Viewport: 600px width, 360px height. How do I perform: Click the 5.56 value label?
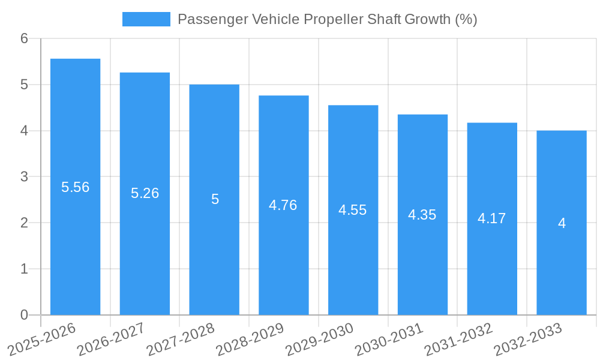point(75,187)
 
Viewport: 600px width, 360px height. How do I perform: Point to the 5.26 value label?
point(145,193)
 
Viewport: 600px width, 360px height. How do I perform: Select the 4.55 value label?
point(353,210)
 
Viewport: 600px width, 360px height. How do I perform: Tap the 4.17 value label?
point(492,218)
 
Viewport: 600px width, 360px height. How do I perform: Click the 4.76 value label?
point(283,205)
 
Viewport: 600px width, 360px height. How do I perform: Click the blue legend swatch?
point(146,19)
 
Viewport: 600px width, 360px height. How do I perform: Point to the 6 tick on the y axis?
point(24,38)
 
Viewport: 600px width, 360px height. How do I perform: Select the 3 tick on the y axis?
point(24,177)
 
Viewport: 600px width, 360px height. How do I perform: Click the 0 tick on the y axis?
point(24,315)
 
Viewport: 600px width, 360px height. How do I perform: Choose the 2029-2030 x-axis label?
point(320,339)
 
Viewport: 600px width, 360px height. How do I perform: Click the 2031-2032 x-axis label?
point(459,339)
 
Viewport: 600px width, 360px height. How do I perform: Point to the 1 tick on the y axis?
point(24,269)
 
